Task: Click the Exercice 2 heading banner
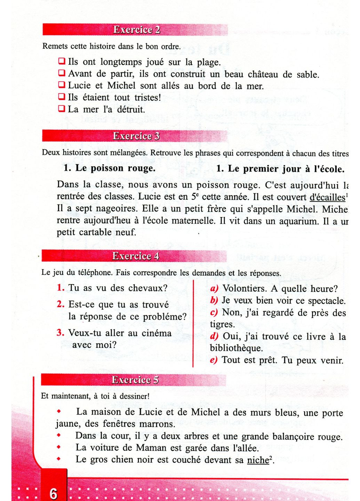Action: click(136, 30)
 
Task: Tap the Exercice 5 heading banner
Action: click(134, 380)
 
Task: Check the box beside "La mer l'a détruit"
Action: click(62, 109)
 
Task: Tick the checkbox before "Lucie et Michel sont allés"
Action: click(62, 85)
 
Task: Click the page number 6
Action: click(53, 493)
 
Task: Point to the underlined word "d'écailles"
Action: click(327, 197)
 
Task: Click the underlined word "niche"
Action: click(258, 460)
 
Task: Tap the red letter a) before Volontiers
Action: click(214, 288)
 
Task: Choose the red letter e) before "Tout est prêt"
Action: click(214, 360)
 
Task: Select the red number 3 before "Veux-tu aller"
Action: click(60, 333)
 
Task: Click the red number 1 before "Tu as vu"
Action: click(61, 288)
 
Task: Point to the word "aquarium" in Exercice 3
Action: click(298, 221)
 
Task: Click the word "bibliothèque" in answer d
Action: click(236, 348)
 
